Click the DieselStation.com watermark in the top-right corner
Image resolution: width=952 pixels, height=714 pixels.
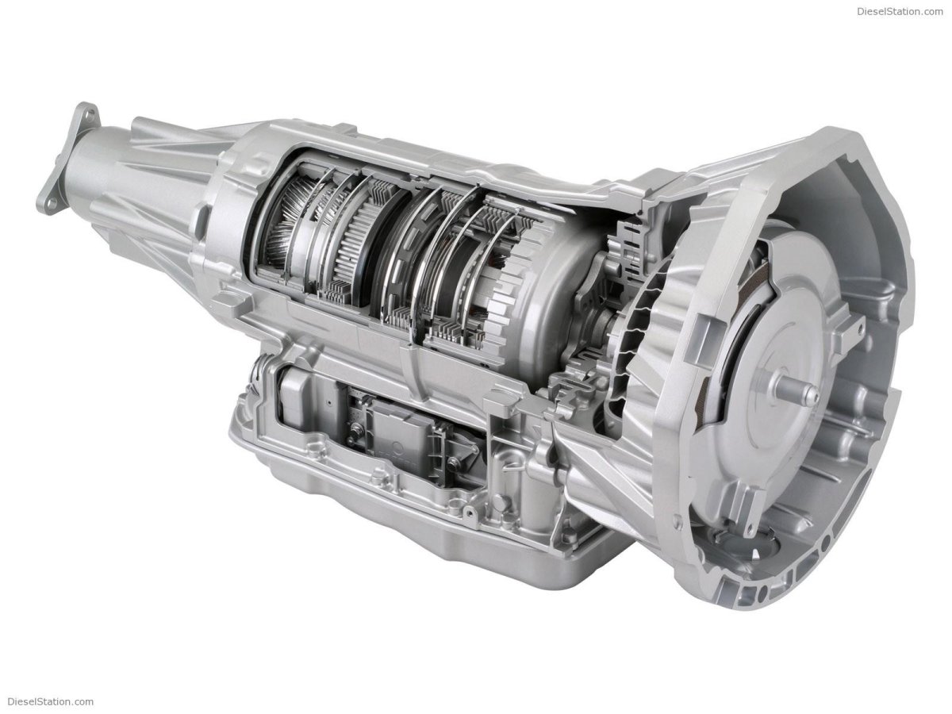900,11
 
